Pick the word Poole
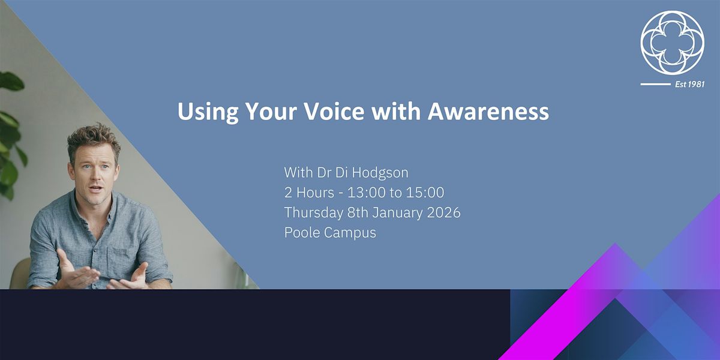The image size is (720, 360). point(302,232)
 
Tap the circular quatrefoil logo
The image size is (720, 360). point(672,43)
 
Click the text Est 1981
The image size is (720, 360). point(689,84)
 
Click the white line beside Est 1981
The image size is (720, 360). point(655,84)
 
